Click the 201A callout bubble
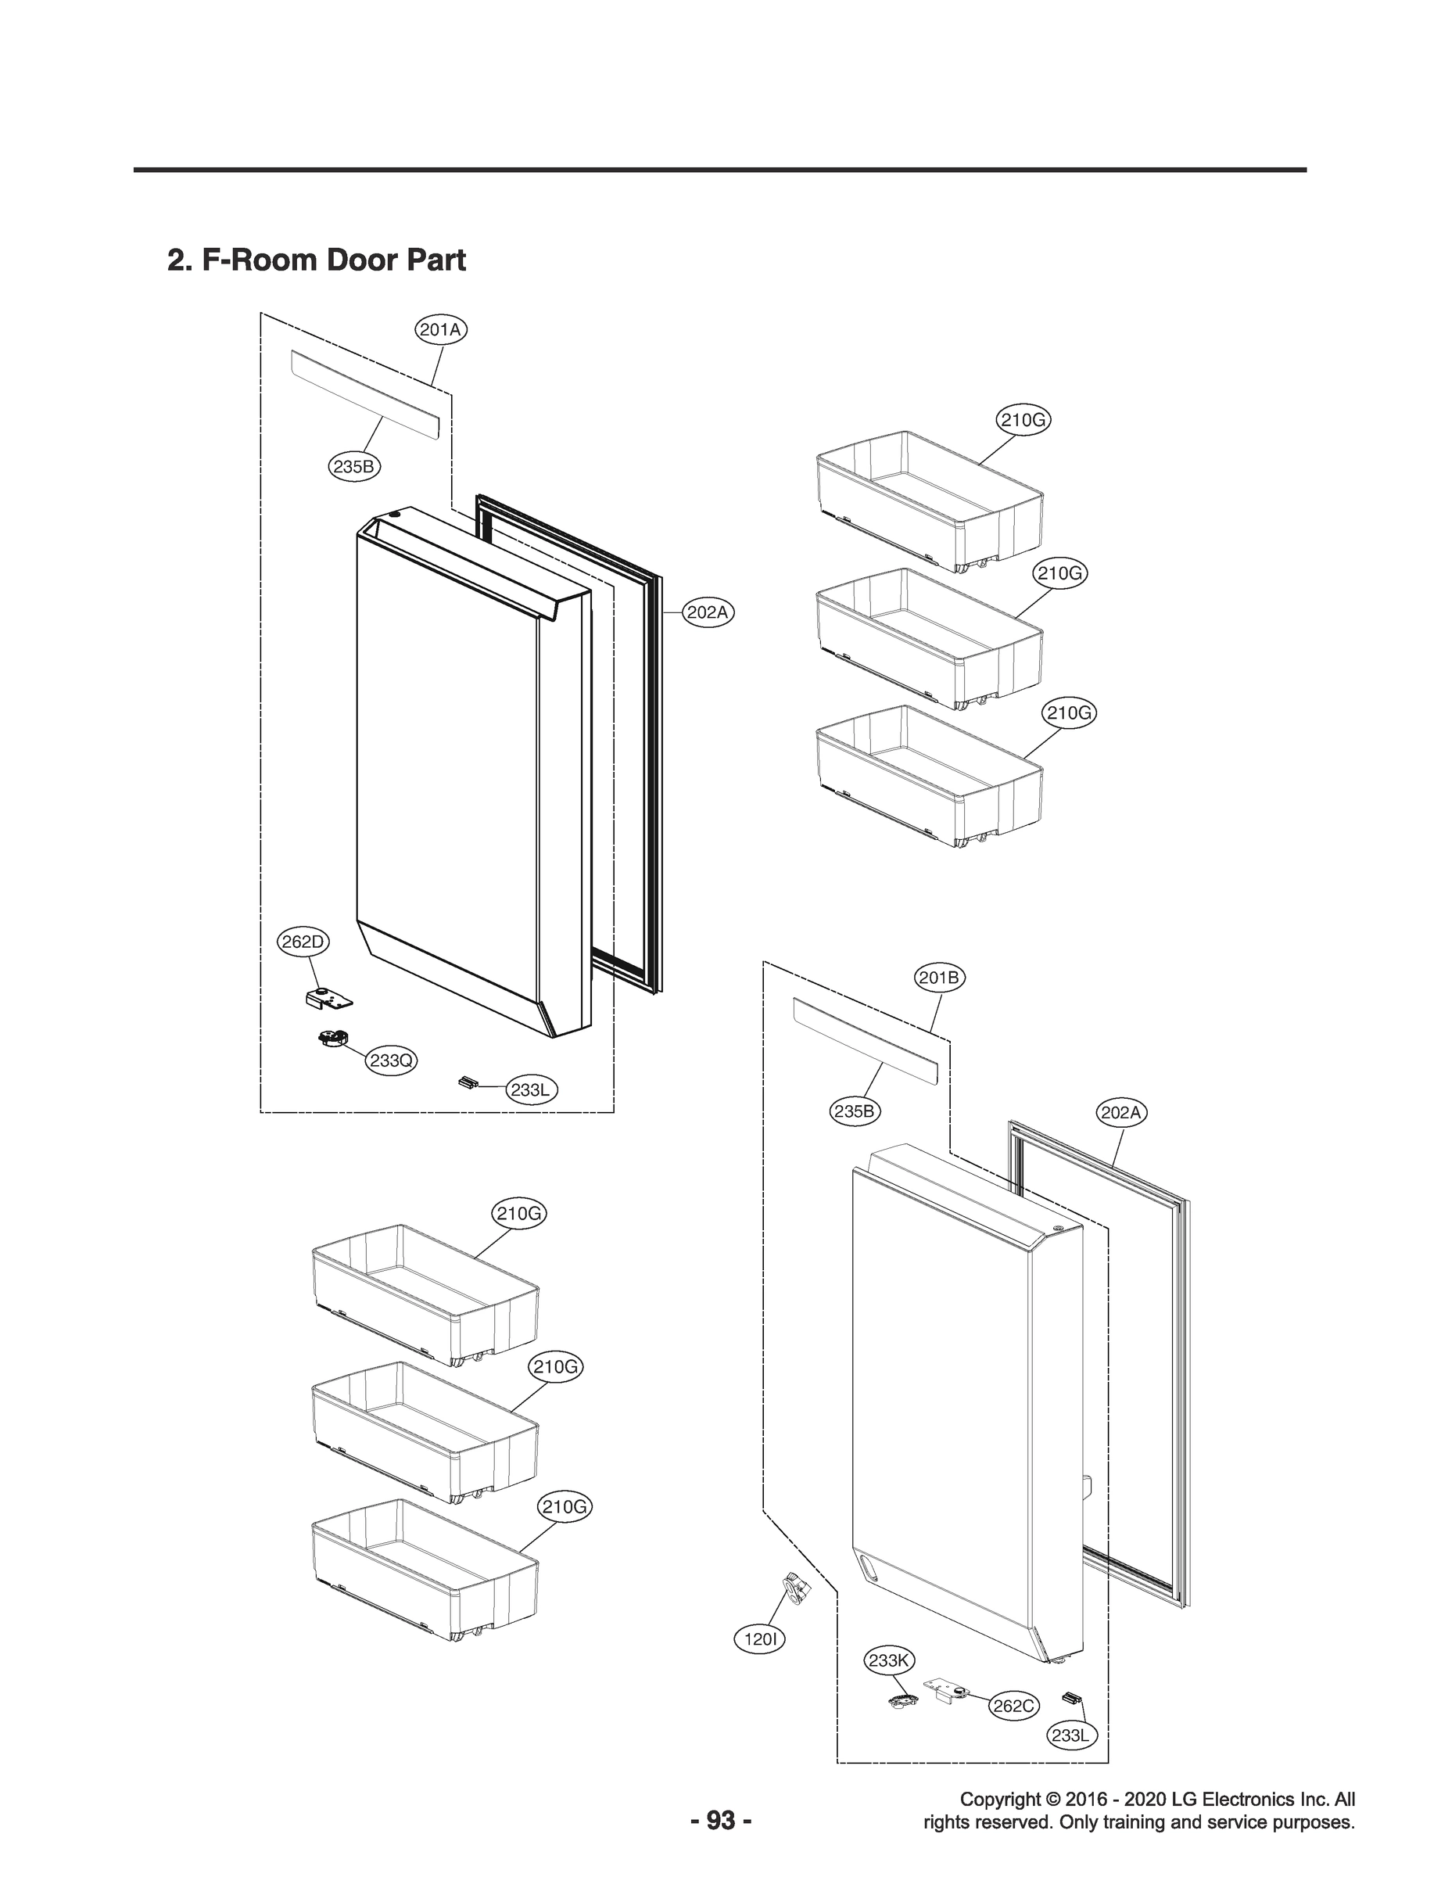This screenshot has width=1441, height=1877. click(441, 329)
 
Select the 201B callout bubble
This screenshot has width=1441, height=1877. click(939, 977)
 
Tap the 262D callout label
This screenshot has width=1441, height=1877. click(303, 942)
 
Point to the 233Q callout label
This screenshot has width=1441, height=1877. click(391, 1061)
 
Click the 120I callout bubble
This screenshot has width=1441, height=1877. click(760, 1639)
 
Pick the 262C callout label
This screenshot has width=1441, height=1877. click(1013, 1706)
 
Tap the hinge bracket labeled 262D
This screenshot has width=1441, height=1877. click(328, 998)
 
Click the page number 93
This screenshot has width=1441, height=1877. click(721, 1822)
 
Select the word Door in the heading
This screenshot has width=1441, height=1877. click(361, 260)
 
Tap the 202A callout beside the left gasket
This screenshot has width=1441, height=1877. click(708, 612)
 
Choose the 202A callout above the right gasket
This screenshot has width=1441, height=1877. click(1121, 1113)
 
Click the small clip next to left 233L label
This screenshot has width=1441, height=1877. click(467, 1082)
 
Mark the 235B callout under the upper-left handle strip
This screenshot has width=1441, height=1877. click(354, 467)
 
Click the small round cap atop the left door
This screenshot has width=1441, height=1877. click(394, 515)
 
